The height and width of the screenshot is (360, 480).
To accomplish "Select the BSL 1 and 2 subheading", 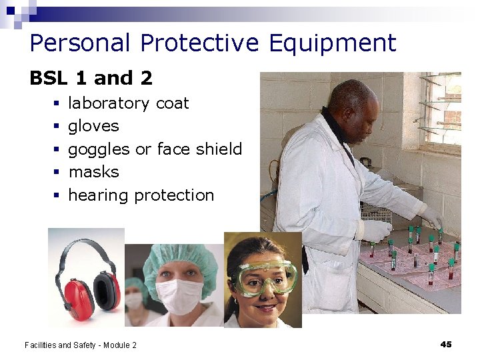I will coord(91,78).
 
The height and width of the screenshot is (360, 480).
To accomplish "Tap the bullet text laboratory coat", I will coord(129,103).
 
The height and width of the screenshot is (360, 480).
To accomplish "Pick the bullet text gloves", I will coord(93,126).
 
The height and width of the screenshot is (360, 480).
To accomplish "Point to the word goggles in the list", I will coord(99,149).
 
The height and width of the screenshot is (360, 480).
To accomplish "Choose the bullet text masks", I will coord(93,172).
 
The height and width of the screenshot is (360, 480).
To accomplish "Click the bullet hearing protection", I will coord(141,195).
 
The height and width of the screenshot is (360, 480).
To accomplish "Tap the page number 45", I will coord(446,344).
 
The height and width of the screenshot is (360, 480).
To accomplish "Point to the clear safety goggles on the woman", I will coord(266,277).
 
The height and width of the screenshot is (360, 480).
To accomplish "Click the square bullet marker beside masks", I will coord(57,173).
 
